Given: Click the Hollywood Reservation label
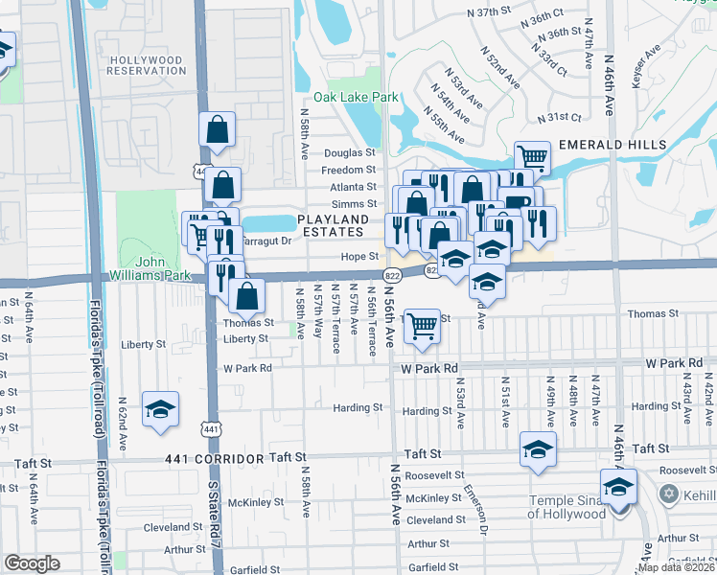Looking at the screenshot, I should [146, 66].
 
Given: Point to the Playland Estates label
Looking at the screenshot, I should [331, 225].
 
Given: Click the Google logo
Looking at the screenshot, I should [32, 563].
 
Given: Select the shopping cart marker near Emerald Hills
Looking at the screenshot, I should [532, 157].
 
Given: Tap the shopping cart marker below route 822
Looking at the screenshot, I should [422, 326].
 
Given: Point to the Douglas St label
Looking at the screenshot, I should [350, 152].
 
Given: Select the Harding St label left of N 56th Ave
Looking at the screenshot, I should [358, 407].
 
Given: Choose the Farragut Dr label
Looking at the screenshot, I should [267, 241].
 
